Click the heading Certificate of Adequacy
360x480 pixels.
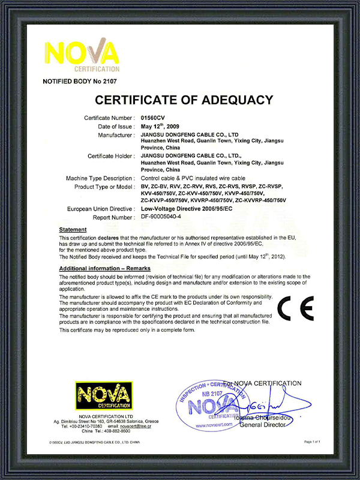pyautogui.click(x=184, y=100)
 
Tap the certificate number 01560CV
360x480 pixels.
pyautogui.click(x=152, y=118)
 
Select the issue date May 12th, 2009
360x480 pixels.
pyautogui.click(x=162, y=127)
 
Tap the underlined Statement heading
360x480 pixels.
pyautogui.click(x=73, y=230)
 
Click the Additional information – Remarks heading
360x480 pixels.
pyautogui.click(x=105, y=268)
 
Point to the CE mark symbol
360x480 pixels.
pyautogui.click(x=296, y=309)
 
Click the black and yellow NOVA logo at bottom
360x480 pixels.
pyautogui.click(x=101, y=397)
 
